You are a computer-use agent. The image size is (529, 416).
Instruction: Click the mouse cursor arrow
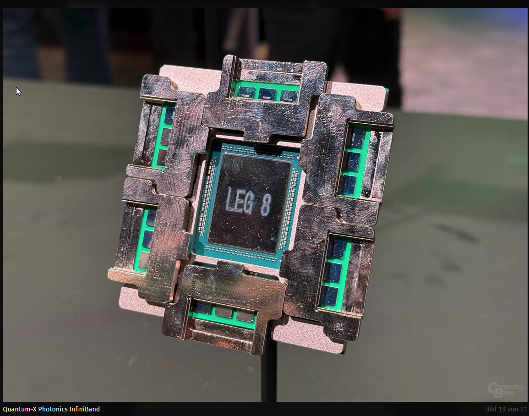pos(18,91)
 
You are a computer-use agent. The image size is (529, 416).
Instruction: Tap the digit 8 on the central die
pos(266,204)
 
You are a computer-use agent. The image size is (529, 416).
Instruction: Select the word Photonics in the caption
pos(53,409)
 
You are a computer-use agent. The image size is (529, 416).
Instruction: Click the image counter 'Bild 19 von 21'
pos(506,409)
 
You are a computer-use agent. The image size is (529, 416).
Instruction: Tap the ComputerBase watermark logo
pos(505,390)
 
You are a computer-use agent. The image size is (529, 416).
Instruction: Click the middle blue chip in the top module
pos(267,93)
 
